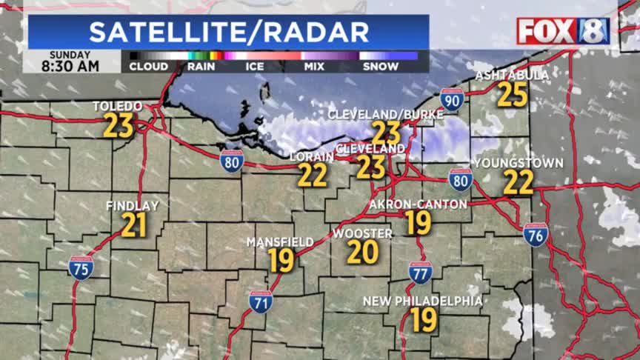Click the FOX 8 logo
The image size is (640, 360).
point(563,31)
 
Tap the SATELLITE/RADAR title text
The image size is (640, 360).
point(229,32)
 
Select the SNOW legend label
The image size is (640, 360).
point(381,66)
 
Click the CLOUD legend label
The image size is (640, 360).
point(148,66)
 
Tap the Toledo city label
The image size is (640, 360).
point(118,107)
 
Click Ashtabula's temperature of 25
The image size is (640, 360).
point(513,94)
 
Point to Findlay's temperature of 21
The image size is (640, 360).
point(133,225)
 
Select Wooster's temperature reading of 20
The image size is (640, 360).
point(363,253)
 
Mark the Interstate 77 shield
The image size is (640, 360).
point(420,273)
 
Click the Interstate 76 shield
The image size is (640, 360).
point(536,234)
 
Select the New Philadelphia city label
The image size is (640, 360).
point(422,301)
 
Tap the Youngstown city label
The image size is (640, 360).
point(519,163)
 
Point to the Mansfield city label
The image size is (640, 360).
point(280,242)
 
